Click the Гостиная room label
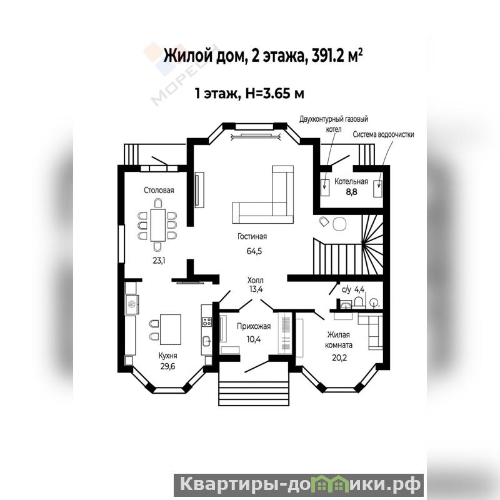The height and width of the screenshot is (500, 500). pos(252,237)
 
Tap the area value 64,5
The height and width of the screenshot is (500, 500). pos(254,251)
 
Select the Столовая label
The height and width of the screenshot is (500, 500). pos(159,191)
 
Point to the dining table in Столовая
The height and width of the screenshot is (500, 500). pos(158,225)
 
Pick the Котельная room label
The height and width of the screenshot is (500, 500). pos(351,181)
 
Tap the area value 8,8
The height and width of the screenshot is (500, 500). pos(351,192)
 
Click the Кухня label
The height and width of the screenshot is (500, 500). pos(167,356)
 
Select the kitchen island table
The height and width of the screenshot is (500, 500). pos(170,329)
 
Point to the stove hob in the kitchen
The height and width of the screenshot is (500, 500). pos(207,321)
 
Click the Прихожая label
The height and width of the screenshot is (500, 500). pos(254,326)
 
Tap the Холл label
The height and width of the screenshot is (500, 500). pos(256,280)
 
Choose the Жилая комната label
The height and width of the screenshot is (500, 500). pos(339,340)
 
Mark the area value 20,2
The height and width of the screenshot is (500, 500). pos(339,357)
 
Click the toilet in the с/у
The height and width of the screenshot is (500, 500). pos(359,302)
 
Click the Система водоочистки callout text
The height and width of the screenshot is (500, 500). pos(383,134)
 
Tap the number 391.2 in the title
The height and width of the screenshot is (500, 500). pos(327,56)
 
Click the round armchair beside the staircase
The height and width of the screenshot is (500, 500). pos(339,224)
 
